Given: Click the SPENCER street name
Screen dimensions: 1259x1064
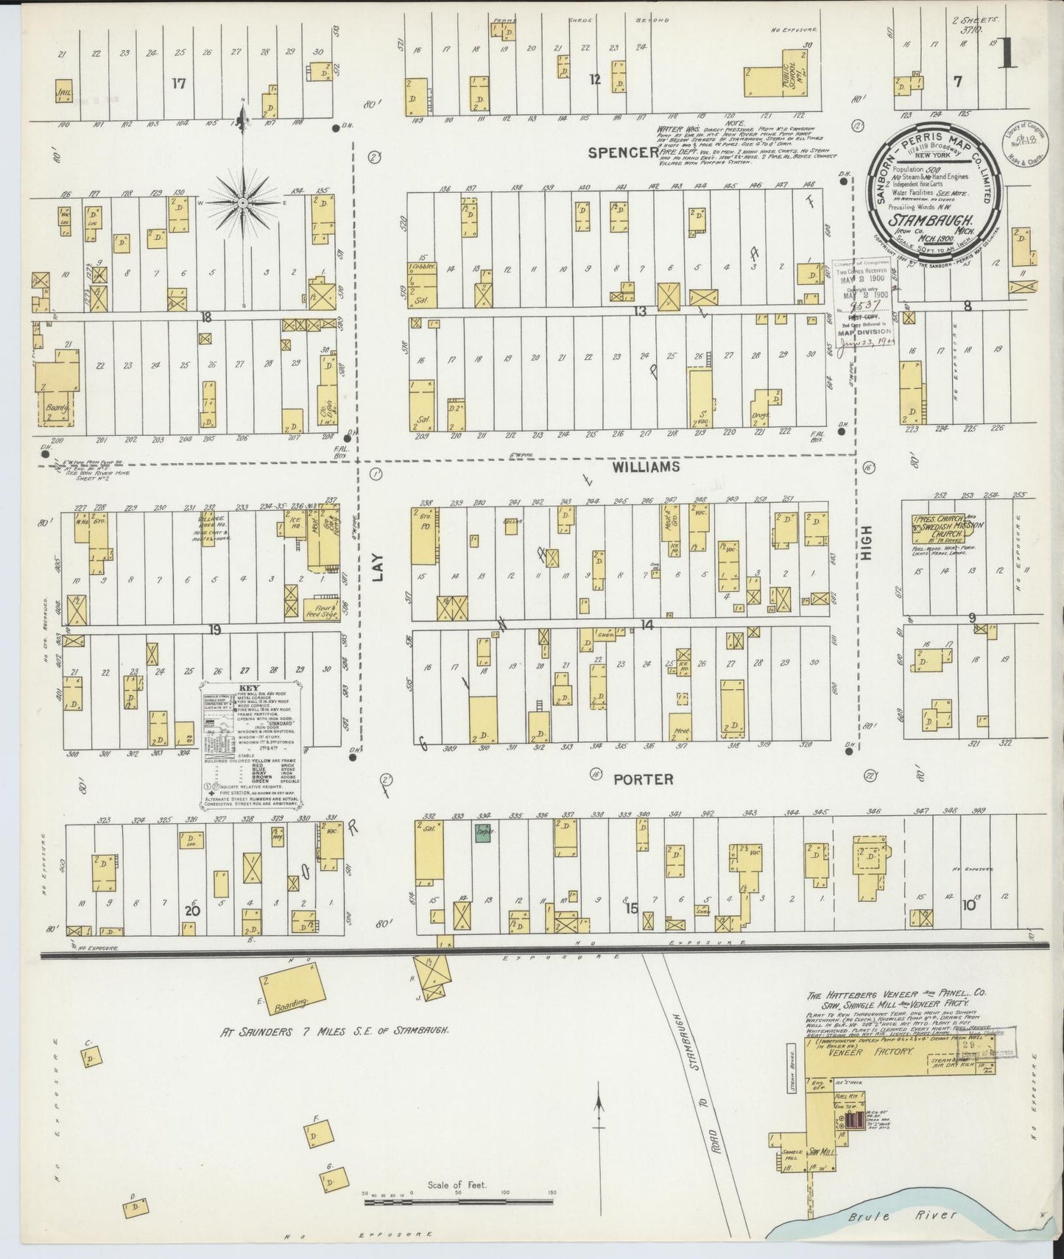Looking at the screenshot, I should pos(623,152).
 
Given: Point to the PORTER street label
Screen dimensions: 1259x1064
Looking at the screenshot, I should pos(644,779).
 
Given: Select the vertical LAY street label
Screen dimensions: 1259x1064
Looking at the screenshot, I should pos(378,569).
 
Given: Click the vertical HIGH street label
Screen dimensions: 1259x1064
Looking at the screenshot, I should pos(867,543).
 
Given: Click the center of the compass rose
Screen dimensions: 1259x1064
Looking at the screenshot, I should pos(243,202).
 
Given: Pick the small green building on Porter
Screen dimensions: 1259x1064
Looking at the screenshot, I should pos(483,833).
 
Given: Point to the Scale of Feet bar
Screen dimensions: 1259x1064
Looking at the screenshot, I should pos(458,1202).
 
